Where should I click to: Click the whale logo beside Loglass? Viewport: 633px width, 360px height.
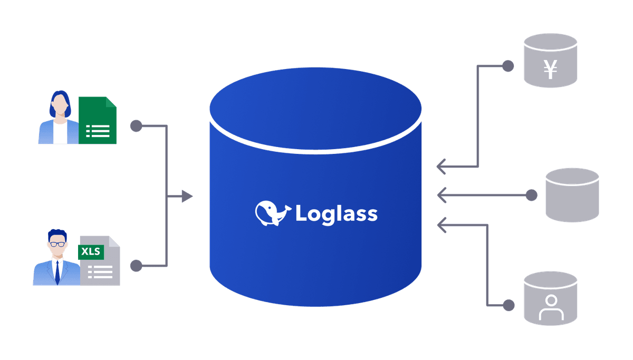tap(272, 213)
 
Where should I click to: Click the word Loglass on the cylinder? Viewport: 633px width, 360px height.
tap(337, 215)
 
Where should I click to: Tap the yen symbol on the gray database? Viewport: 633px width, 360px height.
tap(550, 70)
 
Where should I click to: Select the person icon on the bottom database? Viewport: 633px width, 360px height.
tap(551, 307)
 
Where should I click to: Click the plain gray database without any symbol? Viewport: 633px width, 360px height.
tap(572, 195)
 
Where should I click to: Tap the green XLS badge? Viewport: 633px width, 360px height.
tap(91, 252)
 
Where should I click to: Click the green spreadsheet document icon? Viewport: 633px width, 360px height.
tap(98, 120)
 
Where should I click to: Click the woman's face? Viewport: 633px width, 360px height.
tap(60, 104)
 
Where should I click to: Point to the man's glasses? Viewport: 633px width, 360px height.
tap(57, 244)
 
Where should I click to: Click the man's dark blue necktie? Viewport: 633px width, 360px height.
tap(57, 273)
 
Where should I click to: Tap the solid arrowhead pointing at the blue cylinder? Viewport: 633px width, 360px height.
tap(187, 196)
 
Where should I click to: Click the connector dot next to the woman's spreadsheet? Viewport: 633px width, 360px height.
tap(136, 126)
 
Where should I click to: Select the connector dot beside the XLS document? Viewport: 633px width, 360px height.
tap(136, 266)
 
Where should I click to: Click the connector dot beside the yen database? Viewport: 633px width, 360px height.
tap(508, 66)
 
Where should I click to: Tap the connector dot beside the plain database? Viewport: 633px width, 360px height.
tap(532, 195)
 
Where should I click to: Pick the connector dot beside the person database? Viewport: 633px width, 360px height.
tap(509, 305)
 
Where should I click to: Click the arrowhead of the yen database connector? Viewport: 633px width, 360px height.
tap(441, 167)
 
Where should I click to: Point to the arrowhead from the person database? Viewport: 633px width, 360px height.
tap(442, 225)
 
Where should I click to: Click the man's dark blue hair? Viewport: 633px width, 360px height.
tap(57, 235)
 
